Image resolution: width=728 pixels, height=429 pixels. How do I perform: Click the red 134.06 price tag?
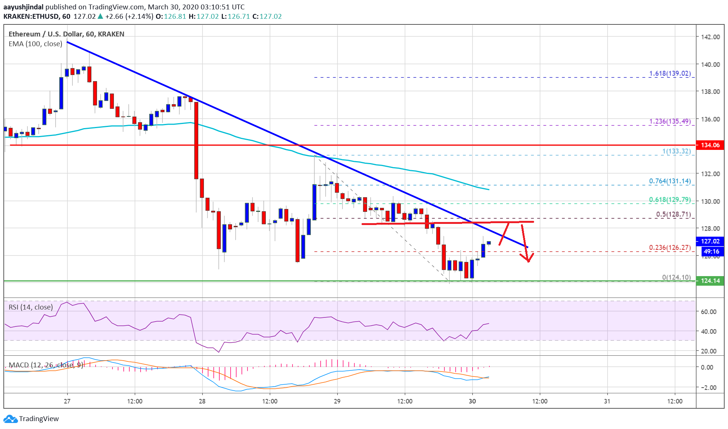click(710, 145)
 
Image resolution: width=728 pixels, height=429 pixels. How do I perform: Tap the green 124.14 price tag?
click(710, 281)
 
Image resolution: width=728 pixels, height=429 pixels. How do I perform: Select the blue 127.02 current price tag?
click(710, 241)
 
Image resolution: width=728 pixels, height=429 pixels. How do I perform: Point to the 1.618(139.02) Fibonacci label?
click(669, 73)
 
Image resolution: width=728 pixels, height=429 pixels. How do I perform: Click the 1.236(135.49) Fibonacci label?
click(669, 121)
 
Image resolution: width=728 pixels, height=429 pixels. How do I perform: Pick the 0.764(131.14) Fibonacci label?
click(669, 181)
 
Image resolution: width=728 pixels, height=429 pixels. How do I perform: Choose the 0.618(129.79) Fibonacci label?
click(669, 200)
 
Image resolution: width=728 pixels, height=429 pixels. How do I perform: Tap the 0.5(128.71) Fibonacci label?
click(673, 214)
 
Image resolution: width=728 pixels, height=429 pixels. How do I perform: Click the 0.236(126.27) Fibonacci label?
click(669, 248)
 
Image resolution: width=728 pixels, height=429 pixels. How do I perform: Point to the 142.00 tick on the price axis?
click(710, 37)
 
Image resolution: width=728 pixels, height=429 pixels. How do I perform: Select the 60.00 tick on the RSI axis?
click(708, 311)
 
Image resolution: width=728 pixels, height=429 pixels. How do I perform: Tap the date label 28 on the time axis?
click(202, 401)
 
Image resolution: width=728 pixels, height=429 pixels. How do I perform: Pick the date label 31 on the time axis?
click(607, 401)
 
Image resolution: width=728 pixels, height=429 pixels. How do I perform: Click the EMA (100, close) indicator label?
click(35, 44)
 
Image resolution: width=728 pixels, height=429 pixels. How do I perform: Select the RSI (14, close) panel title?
click(31, 307)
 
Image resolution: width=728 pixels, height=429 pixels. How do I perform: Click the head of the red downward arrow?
click(528, 260)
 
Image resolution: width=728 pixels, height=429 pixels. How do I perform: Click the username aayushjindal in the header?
click(23, 7)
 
